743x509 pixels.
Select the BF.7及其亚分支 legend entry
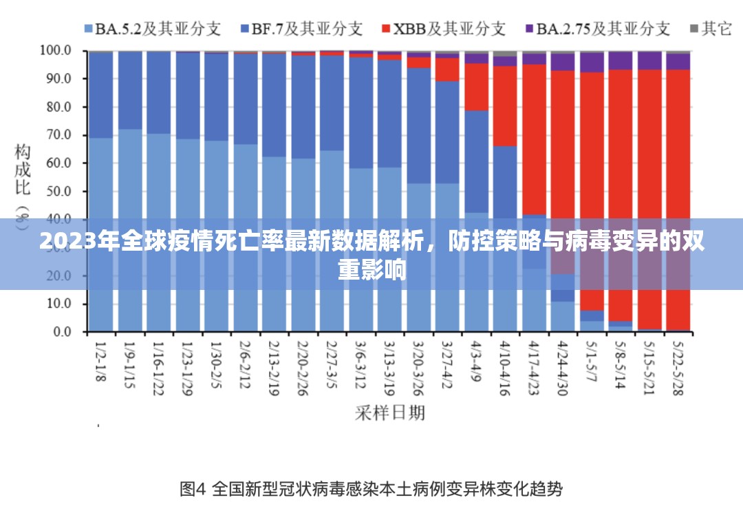point(301,28)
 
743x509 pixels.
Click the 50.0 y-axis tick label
point(58,191)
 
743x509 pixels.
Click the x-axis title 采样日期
point(390,412)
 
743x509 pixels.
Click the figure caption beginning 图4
point(371,489)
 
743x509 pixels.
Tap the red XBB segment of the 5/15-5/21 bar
point(649,172)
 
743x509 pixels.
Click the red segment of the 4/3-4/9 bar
point(476,86)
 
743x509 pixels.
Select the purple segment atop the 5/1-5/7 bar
point(592,62)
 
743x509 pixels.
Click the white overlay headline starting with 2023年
point(371,254)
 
